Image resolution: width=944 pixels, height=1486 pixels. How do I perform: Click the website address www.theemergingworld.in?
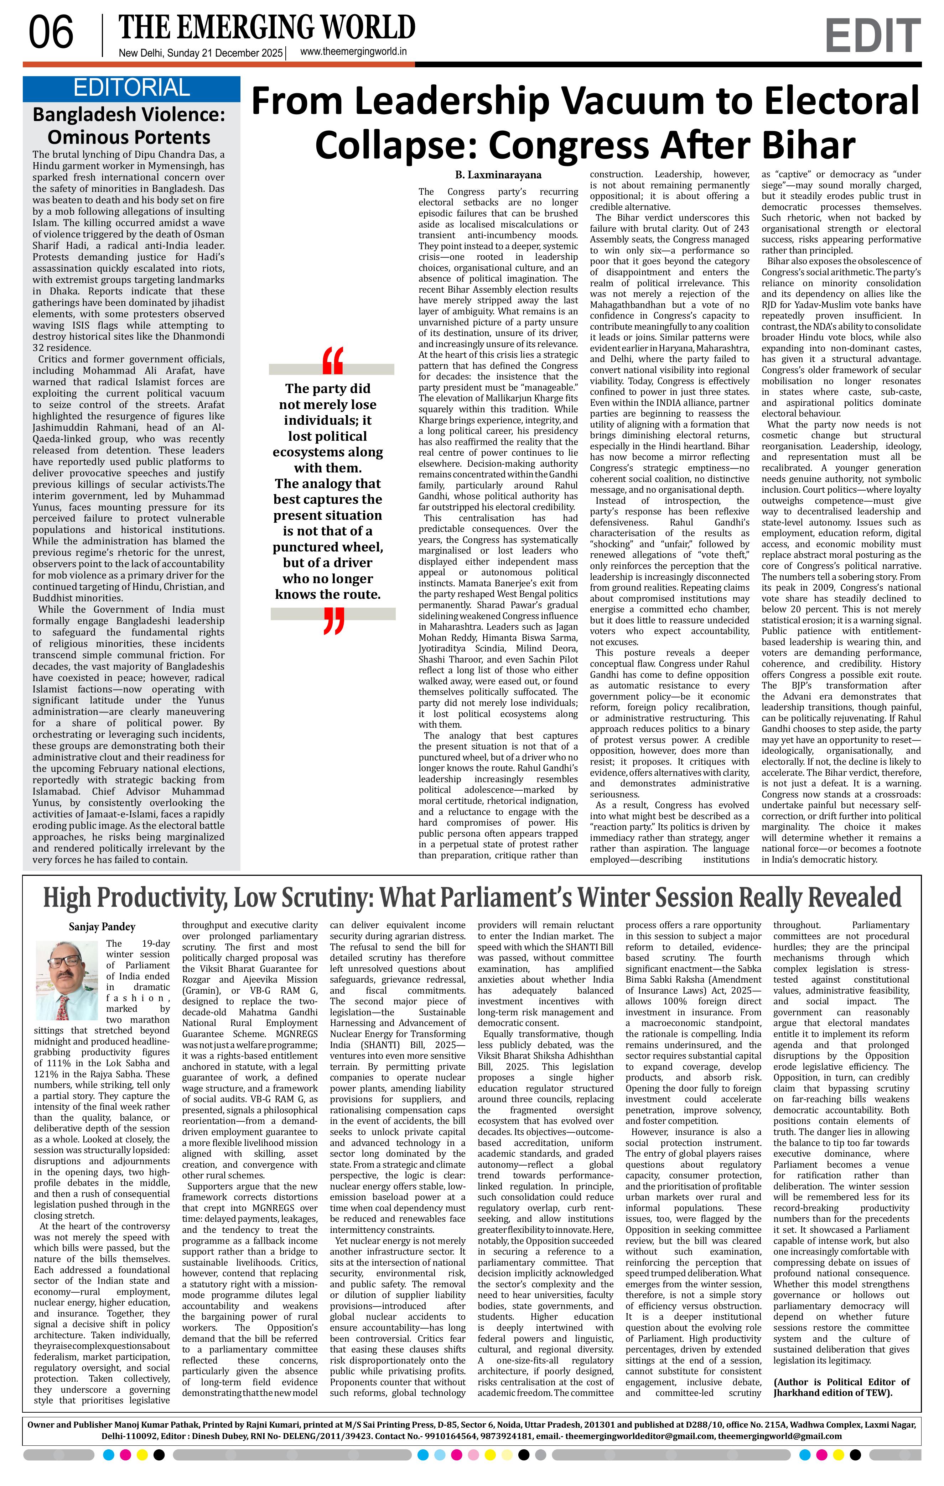pos(353,52)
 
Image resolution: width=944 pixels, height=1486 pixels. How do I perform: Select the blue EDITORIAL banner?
pos(131,88)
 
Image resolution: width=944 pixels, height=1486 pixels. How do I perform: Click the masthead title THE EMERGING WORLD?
pos(267,28)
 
